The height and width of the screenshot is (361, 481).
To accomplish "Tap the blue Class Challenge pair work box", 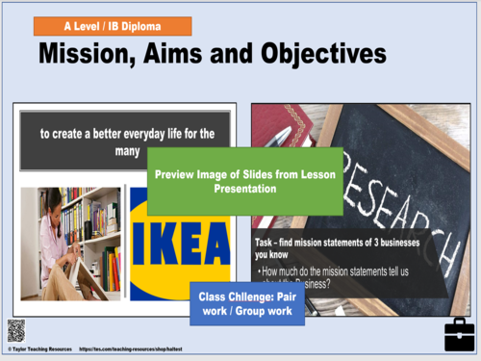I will [x=248, y=303].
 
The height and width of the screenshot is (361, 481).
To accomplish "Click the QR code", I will [x=15, y=331].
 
